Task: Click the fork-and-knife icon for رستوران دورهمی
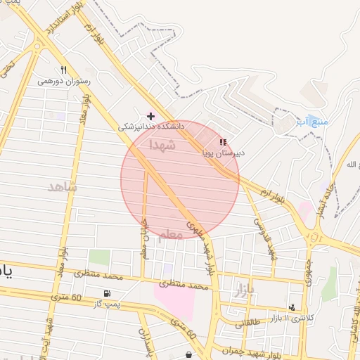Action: coord(64,70)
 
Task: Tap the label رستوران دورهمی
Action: coord(64,81)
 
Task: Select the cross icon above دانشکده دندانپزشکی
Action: coord(150,115)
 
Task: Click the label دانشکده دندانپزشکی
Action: coord(150,127)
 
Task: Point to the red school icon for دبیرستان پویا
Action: coord(223,141)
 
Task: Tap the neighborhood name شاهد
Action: coord(62,188)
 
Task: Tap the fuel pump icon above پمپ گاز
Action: coord(106,293)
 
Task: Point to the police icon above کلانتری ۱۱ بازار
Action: coord(292,307)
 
